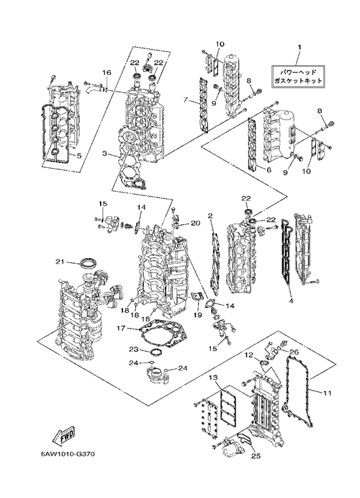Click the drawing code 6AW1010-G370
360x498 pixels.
(x=67, y=453)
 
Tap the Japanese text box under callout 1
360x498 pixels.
(x=298, y=76)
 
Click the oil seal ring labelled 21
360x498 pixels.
(x=89, y=264)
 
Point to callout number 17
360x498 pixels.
(x=122, y=328)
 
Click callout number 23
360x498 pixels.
(x=133, y=350)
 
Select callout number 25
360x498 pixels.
(x=256, y=456)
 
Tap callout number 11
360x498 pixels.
(x=328, y=393)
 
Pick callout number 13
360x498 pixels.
(x=213, y=378)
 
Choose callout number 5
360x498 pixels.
(x=79, y=156)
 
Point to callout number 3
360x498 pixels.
(x=104, y=154)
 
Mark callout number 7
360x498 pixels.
(x=186, y=100)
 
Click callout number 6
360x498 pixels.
(x=269, y=170)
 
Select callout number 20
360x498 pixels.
(x=196, y=223)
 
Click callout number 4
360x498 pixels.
(x=291, y=300)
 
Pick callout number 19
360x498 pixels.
(x=198, y=315)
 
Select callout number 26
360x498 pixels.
(x=294, y=352)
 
